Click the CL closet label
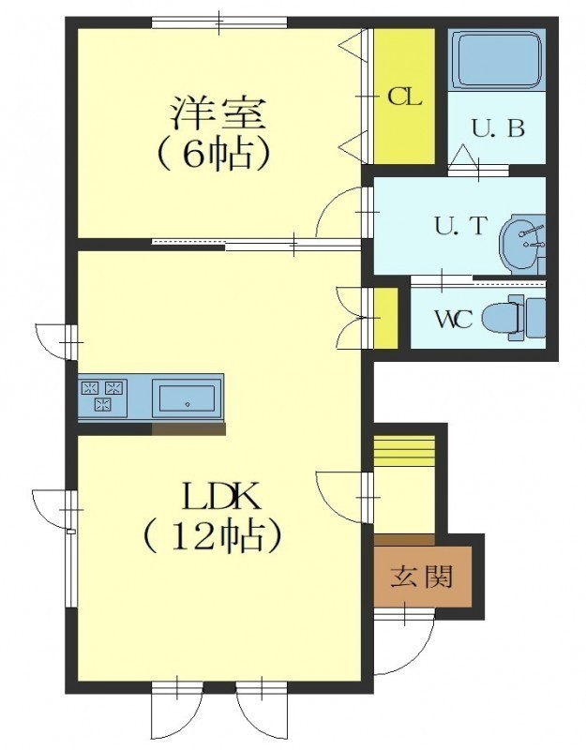point(404,97)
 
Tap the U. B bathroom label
point(499,128)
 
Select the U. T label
point(460,226)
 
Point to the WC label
point(454,320)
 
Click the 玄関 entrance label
point(421,577)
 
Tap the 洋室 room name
point(218,112)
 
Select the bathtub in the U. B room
point(497,60)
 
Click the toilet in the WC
point(514,318)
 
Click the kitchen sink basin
point(187,397)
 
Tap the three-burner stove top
point(104,396)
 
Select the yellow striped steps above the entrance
point(404,451)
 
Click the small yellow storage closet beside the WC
point(386,318)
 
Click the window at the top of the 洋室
point(219,22)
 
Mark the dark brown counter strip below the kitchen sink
point(188,429)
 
